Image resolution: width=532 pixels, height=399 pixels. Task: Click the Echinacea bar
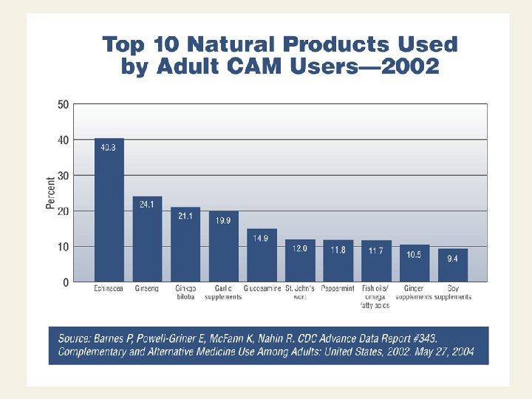109,211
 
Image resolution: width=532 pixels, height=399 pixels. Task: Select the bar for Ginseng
147,239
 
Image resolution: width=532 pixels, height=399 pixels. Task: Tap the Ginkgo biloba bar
185,245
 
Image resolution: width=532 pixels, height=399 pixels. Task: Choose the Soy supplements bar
452,265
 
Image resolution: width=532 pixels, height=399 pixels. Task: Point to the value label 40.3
109,147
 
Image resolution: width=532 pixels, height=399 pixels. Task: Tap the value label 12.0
299,248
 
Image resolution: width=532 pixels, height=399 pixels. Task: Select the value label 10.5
414,253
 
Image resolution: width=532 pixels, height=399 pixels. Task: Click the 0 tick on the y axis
66,282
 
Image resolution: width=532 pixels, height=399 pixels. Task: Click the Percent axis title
51,193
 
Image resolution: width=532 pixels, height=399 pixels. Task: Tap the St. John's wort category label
300,293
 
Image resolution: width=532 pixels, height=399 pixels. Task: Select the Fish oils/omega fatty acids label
375,296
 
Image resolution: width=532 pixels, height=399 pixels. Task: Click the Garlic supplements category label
223,293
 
